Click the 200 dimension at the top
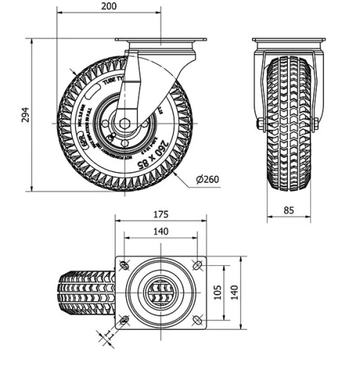point(108,6)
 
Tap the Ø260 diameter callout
point(207,179)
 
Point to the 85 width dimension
point(288,211)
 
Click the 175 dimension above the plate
point(161,214)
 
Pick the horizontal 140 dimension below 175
point(161,231)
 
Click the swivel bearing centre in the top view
point(161,292)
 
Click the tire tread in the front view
point(288,122)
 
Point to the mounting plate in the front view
point(288,40)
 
